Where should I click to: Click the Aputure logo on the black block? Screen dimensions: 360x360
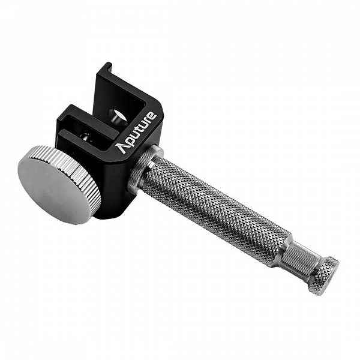[136, 132]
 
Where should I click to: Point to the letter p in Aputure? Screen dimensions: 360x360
[128, 143]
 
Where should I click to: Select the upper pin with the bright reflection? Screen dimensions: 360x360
[118, 117]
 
